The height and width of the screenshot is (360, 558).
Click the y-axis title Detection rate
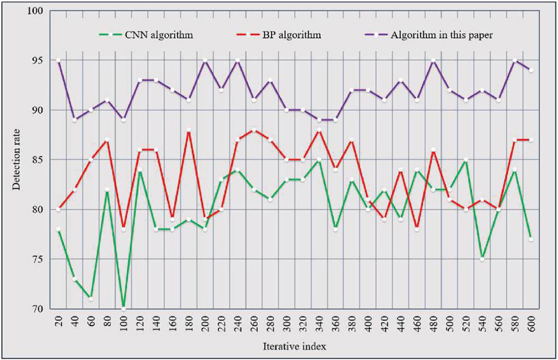[x=17, y=159]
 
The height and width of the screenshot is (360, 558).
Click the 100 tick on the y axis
[x=37, y=11]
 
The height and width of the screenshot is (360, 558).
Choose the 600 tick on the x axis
[x=531, y=324]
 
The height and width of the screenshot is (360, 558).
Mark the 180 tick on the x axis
[x=188, y=324]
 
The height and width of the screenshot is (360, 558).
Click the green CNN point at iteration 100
[x=123, y=308]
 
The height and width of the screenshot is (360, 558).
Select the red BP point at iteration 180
[x=188, y=130]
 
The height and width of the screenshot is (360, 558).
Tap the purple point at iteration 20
[x=58, y=61]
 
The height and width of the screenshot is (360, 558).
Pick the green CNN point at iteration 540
[x=481, y=259]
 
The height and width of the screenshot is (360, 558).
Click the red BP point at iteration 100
[x=123, y=229]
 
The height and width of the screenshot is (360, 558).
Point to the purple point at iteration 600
[x=531, y=71]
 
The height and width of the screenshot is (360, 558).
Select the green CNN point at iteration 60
[x=91, y=299]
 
